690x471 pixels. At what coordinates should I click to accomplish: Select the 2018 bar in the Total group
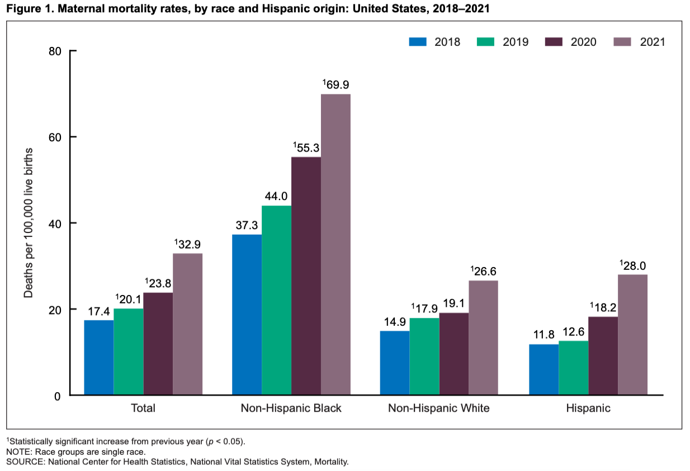point(99,358)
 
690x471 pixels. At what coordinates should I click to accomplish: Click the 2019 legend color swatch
point(486,42)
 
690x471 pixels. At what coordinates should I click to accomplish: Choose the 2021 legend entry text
point(651,42)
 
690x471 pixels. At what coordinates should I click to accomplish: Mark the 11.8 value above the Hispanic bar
point(544,335)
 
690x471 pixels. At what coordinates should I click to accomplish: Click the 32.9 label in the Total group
point(188,244)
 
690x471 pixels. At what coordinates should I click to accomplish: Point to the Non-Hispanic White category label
point(439,408)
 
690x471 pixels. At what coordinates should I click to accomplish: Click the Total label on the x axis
point(143,408)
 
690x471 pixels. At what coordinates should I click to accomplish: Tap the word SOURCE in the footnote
point(24,462)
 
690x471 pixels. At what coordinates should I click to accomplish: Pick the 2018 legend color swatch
point(418,42)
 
